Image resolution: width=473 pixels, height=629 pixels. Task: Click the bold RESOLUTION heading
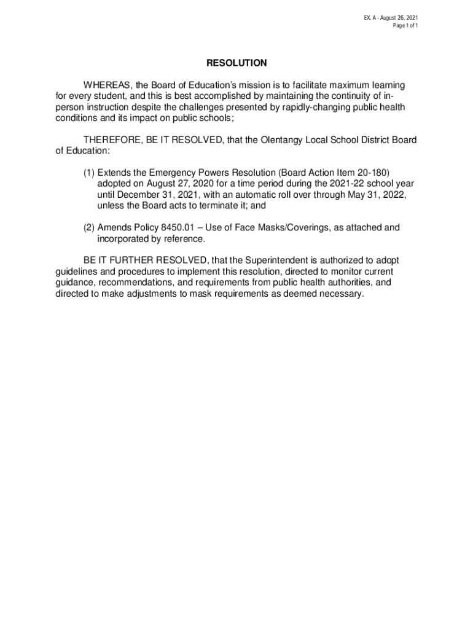[237, 63]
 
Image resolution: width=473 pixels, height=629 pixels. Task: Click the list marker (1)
[89, 173]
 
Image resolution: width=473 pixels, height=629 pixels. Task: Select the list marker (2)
[89, 228]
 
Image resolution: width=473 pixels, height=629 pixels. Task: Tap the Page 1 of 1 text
[406, 26]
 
